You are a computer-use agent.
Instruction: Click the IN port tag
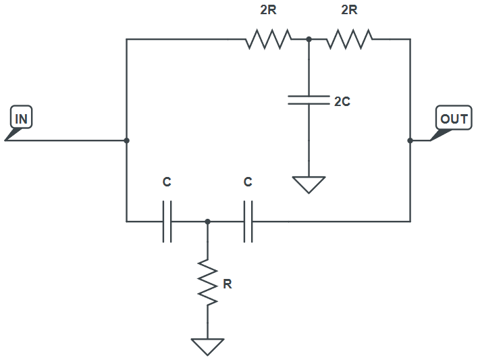tap(22, 119)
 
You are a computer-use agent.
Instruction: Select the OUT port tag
tap(453, 120)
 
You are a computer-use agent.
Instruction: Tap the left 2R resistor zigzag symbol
tap(268, 39)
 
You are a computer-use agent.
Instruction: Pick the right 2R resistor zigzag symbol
tap(349, 39)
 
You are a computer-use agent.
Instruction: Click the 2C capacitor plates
tap(309, 101)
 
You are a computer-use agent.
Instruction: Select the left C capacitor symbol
tap(167, 221)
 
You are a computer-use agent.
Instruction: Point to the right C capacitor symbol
tap(248, 221)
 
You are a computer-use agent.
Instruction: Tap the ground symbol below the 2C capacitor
tap(309, 184)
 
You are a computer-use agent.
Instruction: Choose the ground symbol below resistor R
tap(207, 346)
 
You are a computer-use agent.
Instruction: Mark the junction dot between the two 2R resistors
tap(309, 39)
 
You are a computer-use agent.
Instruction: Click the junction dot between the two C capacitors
tap(207, 221)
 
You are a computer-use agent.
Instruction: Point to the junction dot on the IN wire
tap(127, 140)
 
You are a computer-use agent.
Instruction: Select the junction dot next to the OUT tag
tap(410, 140)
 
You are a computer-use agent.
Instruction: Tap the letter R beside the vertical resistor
tap(228, 284)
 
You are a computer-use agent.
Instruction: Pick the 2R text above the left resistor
tap(268, 11)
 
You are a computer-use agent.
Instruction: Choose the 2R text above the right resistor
tap(349, 11)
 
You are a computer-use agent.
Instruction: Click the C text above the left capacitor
tap(167, 182)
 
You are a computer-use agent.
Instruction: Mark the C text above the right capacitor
tap(248, 182)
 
